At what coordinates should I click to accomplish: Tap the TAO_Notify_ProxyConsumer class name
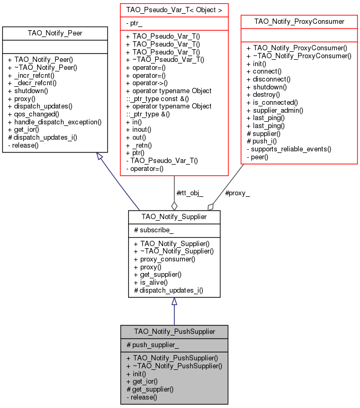point(299,22)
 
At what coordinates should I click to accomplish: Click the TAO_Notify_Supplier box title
point(174,216)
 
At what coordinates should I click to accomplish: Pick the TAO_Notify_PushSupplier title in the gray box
point(174,331)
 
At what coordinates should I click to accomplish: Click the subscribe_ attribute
point(157,230)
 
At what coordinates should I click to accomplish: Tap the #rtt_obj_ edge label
point(189,193)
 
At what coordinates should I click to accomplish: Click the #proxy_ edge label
point(237,193)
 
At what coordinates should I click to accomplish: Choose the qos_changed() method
point(33,114)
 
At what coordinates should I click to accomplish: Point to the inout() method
point(141,129)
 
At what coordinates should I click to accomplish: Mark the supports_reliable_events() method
point(289,149)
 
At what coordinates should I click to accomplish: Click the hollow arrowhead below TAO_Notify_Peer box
point(99,157)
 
